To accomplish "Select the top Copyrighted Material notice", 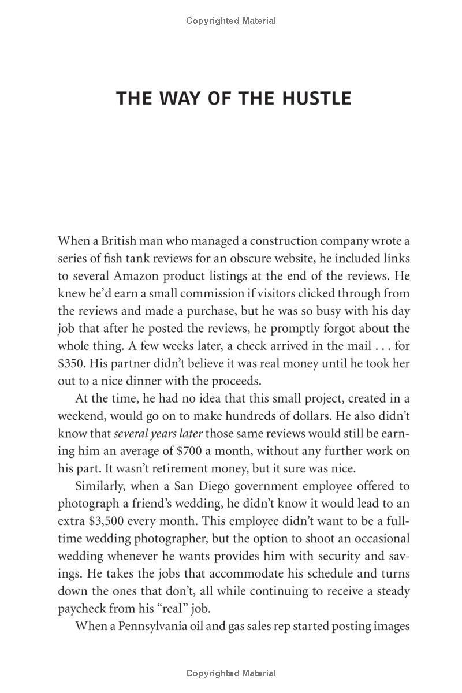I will [231, 21].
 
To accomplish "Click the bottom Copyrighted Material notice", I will [231, 673].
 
